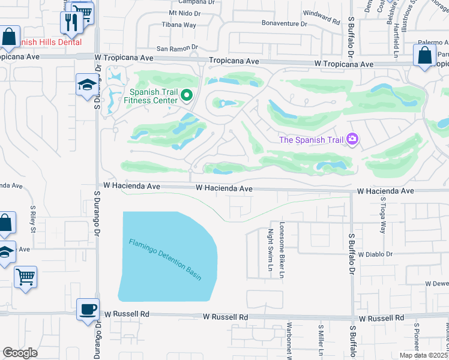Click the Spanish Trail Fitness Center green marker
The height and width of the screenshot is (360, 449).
(187, 95)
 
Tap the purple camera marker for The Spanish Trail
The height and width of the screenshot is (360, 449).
(352, 140)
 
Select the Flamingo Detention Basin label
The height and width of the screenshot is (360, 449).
(164, 260)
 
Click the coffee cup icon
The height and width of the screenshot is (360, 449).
(88, 309)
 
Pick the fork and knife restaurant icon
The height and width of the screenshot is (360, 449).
(71, 23)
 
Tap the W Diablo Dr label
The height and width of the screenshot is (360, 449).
(375, 254)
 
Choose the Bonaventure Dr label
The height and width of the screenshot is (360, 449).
(284, 23)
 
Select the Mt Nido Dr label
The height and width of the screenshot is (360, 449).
(184, 12)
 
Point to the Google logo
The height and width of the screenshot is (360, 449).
(20, 353)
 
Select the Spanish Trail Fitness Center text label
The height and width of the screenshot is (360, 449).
(151, 96)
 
